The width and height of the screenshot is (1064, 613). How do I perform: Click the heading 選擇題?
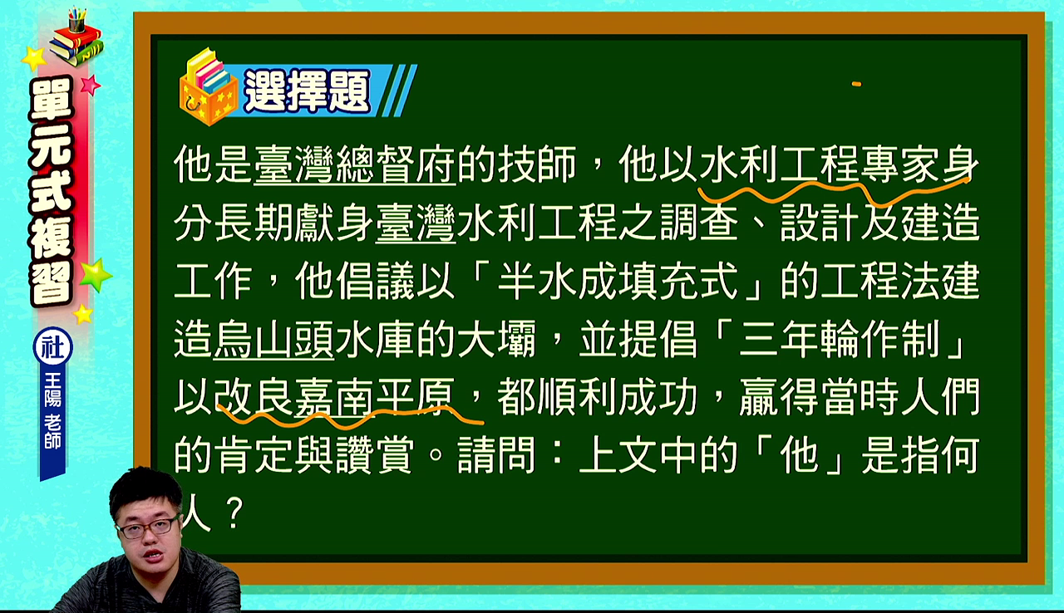click(x=307, y=91)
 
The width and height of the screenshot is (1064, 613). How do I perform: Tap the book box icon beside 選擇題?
click(x=209, y=87)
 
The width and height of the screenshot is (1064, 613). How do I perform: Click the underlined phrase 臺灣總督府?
click(x=355, y=165)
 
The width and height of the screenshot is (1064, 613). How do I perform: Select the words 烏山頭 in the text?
click(x=273, y=340)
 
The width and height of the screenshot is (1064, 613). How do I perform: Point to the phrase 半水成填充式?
click(x=618, y=282)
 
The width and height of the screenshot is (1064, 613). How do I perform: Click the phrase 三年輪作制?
click(x=840, y=340)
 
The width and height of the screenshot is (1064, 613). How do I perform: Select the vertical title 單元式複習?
click(x=52, y=191)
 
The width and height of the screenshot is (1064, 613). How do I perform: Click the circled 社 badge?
click(x=52, y=347)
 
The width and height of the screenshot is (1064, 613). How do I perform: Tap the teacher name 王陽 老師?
click(x=52, y=411)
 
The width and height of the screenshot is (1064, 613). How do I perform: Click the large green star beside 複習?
click(x=96, y=276)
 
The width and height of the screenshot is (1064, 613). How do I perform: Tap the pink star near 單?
click(x=91, y=86)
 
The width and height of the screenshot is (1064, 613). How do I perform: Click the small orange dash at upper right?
click(x=856, y=85)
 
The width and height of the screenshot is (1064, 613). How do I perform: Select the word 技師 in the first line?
click(x=538, y=165)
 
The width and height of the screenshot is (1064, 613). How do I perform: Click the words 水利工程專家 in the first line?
click(x=820, y=165)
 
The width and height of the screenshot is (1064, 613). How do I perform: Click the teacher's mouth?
click(x=154, y=555)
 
